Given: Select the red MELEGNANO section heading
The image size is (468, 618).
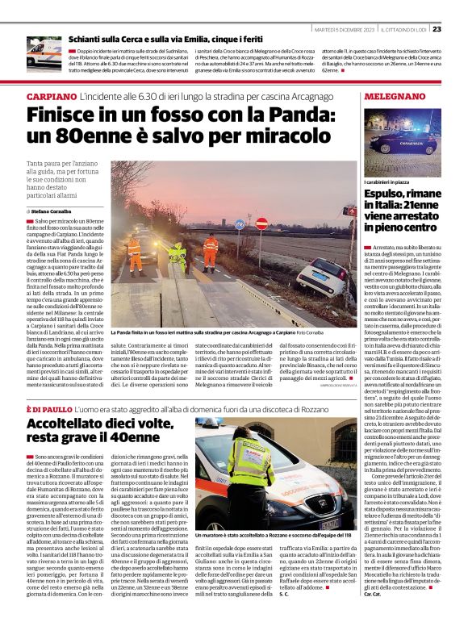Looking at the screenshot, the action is pos(389,96).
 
